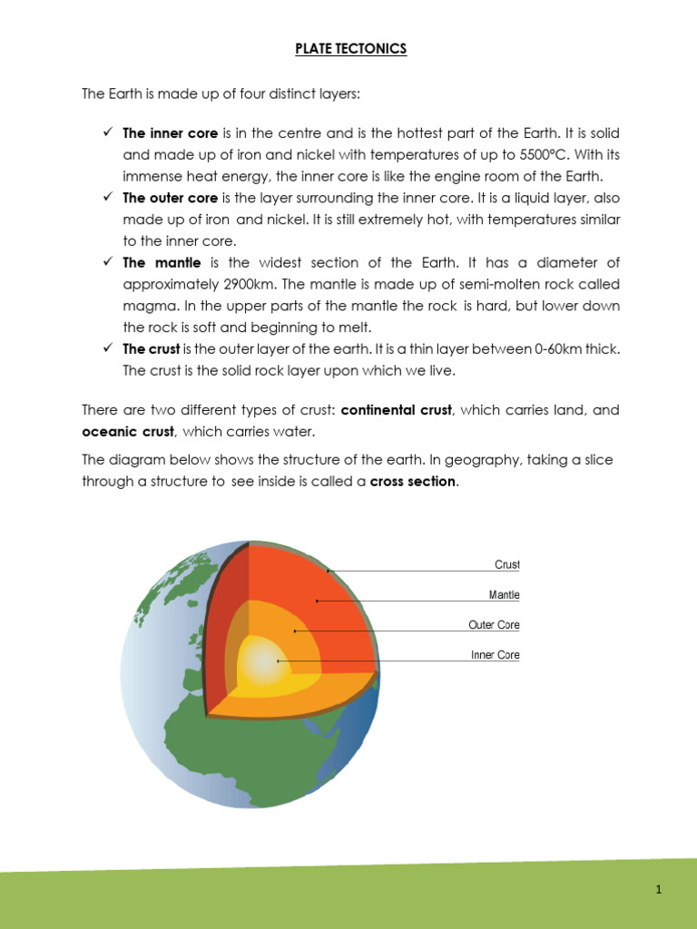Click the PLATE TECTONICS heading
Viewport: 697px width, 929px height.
pyautogui.click(x=350, y=49)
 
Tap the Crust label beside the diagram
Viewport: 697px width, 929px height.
pyautogui.click(x=506, y=564)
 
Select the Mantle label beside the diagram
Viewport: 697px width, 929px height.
pyautogui.click(x=504, y=595)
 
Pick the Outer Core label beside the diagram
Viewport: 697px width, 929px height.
pyautogui.click(x=494, y=625)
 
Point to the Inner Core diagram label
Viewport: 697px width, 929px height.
pyautogui.click(x=495, y=655)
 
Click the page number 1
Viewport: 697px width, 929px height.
pyautogui.click(x=659, y=890)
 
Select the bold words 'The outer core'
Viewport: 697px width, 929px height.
pyautogui.click(x=171, y=198)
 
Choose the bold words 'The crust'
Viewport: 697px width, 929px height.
pyautogui.click(x=152, y=348)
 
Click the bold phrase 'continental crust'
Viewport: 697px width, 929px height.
pyautogui.click(x=396, y=410)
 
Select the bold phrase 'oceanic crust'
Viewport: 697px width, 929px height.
pyautogui.click(x=128, y=431)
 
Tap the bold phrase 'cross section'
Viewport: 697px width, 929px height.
pyautogui.click(x=413, y=482)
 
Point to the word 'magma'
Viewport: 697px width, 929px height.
pyautogui.click(x=148, y=306)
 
